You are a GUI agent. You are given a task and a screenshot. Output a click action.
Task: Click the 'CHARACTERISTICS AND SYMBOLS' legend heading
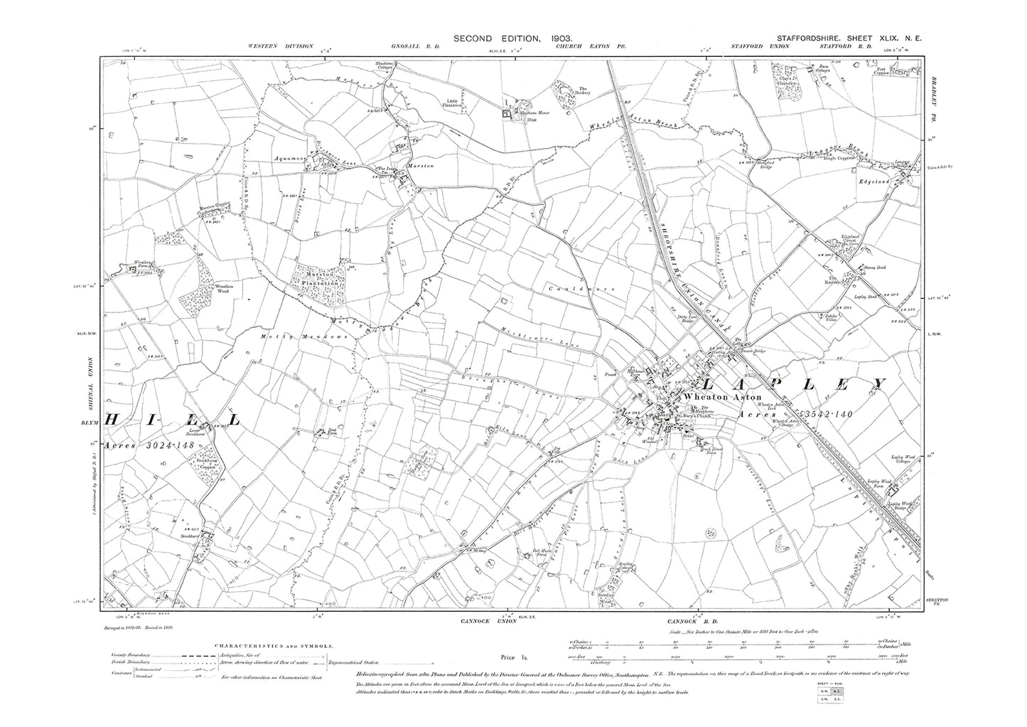point(273,647)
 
